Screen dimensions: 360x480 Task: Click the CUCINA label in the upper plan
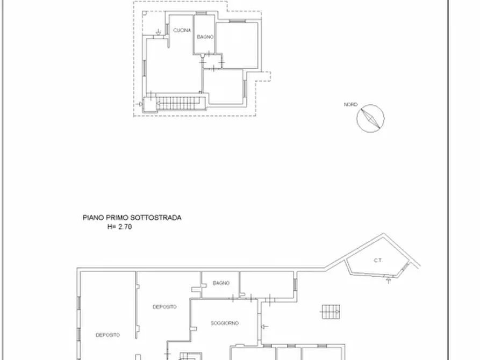click(182, 31)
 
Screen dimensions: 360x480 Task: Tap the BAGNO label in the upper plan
click(205, 37)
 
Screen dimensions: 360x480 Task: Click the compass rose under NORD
click(370, 118)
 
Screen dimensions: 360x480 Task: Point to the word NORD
click(350, 105)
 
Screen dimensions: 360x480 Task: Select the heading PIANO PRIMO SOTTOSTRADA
click(132, 218)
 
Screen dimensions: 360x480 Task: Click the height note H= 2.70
click(119, 227)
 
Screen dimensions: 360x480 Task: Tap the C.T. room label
click(378, 261)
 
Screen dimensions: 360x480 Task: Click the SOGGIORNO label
click(224, 323)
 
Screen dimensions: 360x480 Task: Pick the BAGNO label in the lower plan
click(221, 283)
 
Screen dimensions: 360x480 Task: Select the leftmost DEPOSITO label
click(108, 335)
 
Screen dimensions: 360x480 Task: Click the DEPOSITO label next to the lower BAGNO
click(164, 307)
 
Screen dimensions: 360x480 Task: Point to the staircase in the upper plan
click(177, 102)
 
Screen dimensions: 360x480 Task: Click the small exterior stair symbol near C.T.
click(331, 312)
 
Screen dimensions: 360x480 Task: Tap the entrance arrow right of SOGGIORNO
click(264, 326)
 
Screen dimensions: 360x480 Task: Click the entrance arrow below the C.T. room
click(388, 280)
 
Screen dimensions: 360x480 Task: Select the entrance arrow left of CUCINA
click(158, 33)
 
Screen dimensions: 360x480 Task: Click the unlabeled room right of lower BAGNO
click(267, 283)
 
